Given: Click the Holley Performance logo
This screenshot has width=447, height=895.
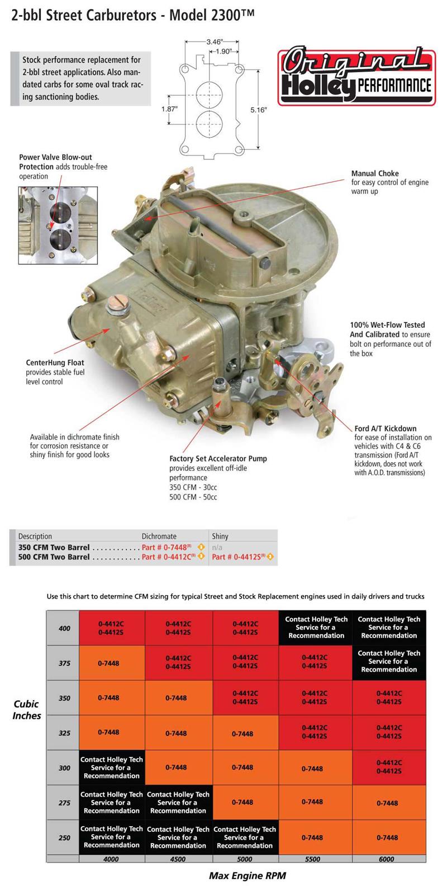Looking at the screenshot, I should (356, 76).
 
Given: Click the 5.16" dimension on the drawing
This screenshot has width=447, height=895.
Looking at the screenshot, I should (258, 110).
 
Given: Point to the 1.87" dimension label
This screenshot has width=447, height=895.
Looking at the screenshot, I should (169, 109).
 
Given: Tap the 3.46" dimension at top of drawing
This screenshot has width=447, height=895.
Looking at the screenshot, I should (215, 41).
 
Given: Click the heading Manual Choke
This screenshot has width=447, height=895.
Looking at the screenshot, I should (375, 173).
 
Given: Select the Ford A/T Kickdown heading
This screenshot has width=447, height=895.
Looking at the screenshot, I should (385, 428).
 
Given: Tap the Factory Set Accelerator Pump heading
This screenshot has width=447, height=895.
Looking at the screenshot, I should (218, 459).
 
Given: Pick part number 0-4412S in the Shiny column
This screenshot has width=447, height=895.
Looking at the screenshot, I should (239, 557).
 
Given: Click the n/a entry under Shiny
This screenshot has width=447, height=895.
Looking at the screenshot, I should (217, 547).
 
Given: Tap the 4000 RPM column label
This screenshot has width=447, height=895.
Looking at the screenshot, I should (111, 859).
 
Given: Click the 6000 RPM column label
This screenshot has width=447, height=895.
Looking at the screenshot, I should (387, 859).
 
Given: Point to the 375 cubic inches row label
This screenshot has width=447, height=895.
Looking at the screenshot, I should (64, 663).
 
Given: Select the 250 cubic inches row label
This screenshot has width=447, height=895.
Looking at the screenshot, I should (64, 837).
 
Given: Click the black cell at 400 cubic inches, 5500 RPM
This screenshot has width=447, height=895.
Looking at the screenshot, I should (316, 628).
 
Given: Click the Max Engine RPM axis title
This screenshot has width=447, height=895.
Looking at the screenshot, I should (247, 875).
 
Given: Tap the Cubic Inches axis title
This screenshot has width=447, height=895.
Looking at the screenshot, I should (26, 710).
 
